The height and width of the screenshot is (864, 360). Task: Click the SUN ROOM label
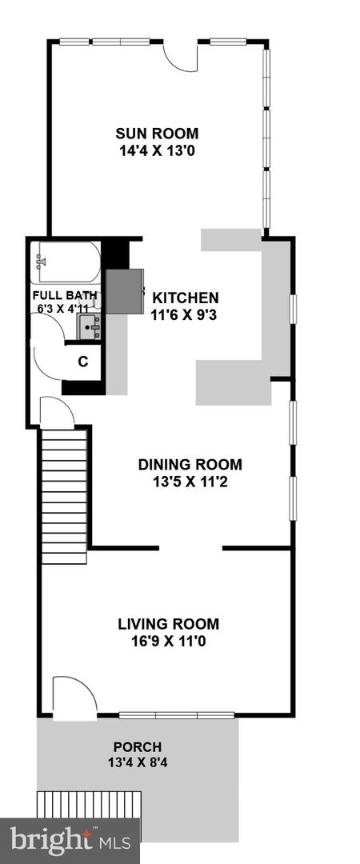pos(157,134)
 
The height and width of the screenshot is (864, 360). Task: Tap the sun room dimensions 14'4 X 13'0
pos(157,149)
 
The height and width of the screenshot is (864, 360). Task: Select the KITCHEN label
pos(186,298)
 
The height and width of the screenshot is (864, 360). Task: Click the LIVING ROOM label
pos(168,624)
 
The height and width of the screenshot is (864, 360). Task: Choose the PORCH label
pos(137,747)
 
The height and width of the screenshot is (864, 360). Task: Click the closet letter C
pos(82,361)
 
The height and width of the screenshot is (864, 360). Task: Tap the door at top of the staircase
pos(56,413)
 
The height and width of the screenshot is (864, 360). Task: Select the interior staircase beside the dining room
pos(64,496)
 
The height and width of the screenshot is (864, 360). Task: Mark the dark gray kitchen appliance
pos(124,290)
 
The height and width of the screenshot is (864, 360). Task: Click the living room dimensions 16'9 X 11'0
pos(168,641)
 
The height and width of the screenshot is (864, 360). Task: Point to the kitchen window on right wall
pos(293,309)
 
